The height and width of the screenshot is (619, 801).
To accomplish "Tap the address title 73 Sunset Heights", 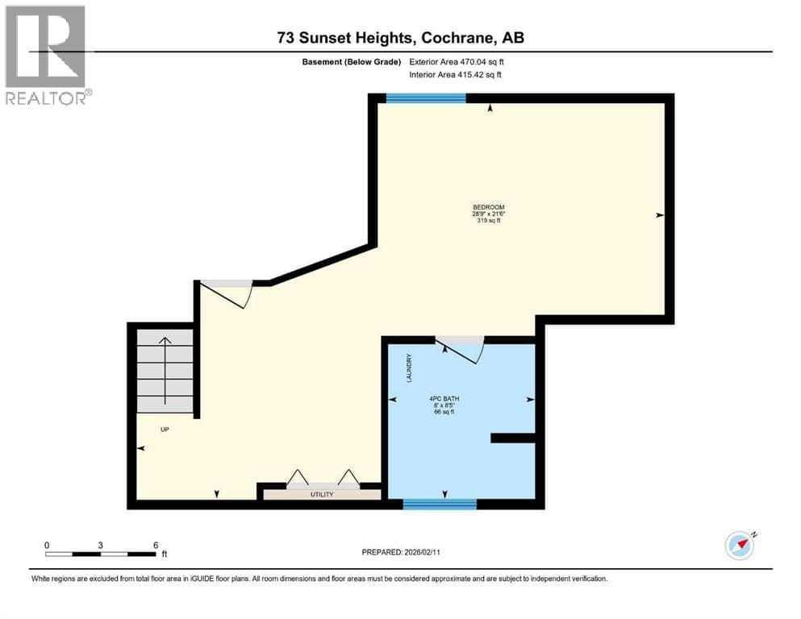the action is (x=344, y=38).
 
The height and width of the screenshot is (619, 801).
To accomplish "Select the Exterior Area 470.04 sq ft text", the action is (x=457, y=62).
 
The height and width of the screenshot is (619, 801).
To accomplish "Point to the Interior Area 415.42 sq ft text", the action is (x=455, y=74).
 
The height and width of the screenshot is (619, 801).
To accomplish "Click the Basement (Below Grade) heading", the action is (x=352, y=62).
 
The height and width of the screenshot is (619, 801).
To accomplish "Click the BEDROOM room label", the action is (x=488, y=207).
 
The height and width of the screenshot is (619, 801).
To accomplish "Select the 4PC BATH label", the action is (x=444, y=398).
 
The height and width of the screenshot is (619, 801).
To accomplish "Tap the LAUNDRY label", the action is (x=409, y=368).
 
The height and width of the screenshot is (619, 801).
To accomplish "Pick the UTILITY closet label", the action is (x=322, y=495).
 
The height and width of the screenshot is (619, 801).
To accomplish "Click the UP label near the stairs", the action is (x=165, y=430).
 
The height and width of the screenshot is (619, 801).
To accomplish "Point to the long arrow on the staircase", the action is (x=165, y=371).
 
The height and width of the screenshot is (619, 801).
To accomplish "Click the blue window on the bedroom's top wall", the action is (x=426, y=98).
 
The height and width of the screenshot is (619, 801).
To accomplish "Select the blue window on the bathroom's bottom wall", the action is (x=440, y=505).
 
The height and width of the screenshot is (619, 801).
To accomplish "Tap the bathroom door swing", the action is (x=462, y=351).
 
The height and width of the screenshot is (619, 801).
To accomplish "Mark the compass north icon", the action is (x=741, y=546).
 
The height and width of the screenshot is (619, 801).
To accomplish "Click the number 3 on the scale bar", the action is (x=101, y=545).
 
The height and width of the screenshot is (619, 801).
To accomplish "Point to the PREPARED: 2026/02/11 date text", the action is (x=400, y=552).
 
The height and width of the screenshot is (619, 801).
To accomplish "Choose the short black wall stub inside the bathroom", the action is (x=513, y=438).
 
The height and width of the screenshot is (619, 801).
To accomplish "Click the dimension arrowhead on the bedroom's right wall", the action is (x=660, y=215).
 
